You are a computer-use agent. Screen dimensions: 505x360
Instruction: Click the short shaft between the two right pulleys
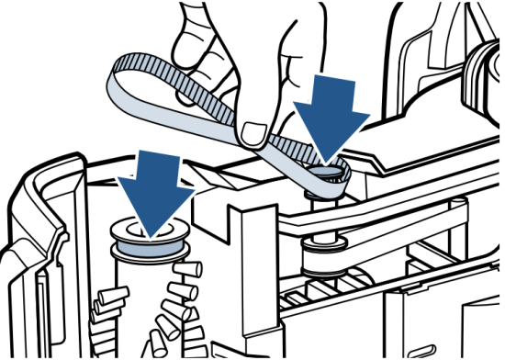click(x=321, y=216)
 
